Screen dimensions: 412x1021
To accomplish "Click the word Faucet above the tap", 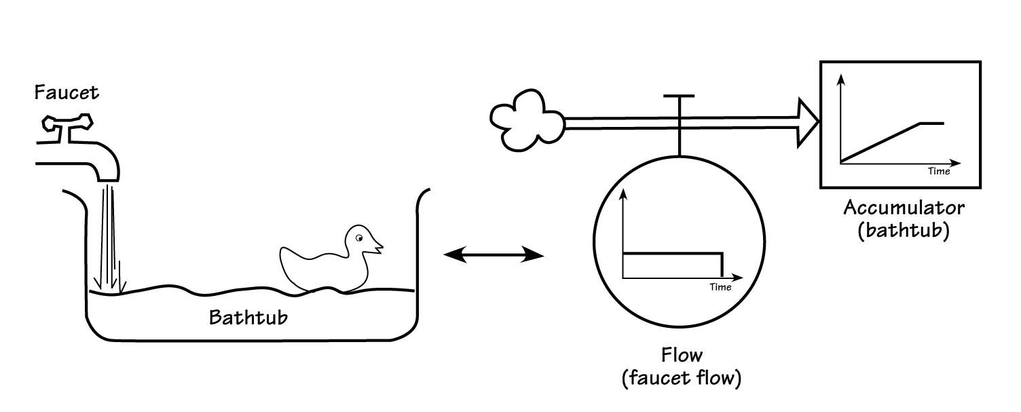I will tap(67, 92).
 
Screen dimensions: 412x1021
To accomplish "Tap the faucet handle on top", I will tap(67, 124).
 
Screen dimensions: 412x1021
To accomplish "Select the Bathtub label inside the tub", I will tap(248, 317).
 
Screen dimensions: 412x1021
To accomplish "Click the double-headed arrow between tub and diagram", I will tap(494, 255).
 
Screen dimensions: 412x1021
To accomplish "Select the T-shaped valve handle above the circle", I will tap(678, 97).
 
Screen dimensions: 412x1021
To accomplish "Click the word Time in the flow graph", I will tap(720, 287).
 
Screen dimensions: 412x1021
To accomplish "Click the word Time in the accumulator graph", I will tap(939, 172).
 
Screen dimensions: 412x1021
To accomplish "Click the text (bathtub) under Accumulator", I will tap(903, 230).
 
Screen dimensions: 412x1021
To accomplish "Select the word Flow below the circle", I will tap(681, 355).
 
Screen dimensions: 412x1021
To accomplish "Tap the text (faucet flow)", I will tap(681, 378).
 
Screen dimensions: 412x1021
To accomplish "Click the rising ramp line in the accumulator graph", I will tap(880, 143).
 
